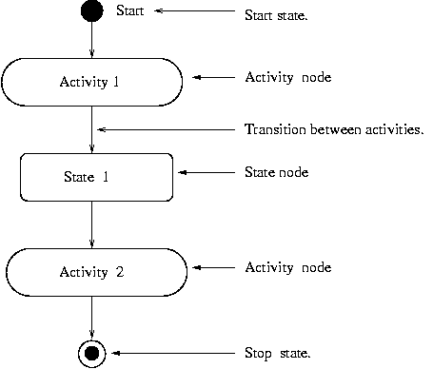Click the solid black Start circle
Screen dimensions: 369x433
(x=91, y=11)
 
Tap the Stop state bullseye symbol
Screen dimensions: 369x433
(x=91, y=353)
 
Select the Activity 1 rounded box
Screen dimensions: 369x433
(x=91, y=82)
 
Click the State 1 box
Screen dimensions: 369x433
(x=96, y=177)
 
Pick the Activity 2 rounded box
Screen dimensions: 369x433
(x=91, y=272)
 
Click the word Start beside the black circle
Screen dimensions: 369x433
(x=129, y=11)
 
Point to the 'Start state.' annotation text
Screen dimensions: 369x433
(x=276, y=16)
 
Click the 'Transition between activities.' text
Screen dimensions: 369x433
(x=334, y=129)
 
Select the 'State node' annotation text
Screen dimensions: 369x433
(x=276, y=172)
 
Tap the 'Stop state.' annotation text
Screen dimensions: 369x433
(x=278, y=353)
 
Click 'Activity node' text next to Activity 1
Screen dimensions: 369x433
(x=287, y=77)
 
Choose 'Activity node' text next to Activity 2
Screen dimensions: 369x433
(x=287, y=267)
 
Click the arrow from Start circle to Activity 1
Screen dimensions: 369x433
(x=91, y=40)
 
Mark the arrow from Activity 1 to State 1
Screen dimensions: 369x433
(x=91, y=128)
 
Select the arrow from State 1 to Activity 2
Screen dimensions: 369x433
(x=91, y=224)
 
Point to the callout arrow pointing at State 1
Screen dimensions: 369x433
(x=206, y=172)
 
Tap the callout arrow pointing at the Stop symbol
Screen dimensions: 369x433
(x=171, y=353)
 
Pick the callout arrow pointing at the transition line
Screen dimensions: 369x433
(x=166, y=129)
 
